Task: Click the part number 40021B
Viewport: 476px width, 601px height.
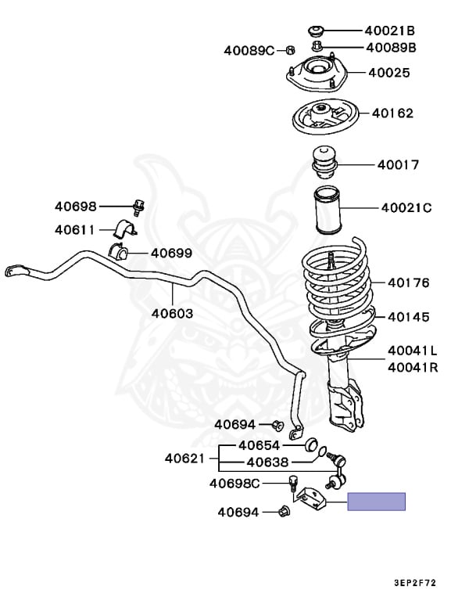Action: click(389, 31)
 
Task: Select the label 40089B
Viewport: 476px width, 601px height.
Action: click(390, 48)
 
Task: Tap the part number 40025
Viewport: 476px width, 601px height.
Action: click(389, 74)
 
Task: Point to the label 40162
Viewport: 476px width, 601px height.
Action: click(392, 113)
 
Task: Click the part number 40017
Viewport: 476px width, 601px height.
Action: click(398, 165)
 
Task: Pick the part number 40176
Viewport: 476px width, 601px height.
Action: click(407, 283)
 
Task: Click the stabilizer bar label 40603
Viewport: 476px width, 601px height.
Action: click(172, 313)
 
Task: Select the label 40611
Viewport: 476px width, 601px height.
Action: click(74, 230)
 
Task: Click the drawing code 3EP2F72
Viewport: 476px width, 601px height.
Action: click(426, 582)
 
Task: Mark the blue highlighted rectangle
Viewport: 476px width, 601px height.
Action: click(377, 502)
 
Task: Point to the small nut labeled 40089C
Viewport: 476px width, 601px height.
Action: click(289, 50)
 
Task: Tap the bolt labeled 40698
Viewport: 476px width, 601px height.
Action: click(139, 207)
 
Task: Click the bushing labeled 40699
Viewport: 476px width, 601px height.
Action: click(119, 254)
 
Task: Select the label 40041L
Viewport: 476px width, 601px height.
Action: click(412, 351)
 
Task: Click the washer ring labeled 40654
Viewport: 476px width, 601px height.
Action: click(308, 444)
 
